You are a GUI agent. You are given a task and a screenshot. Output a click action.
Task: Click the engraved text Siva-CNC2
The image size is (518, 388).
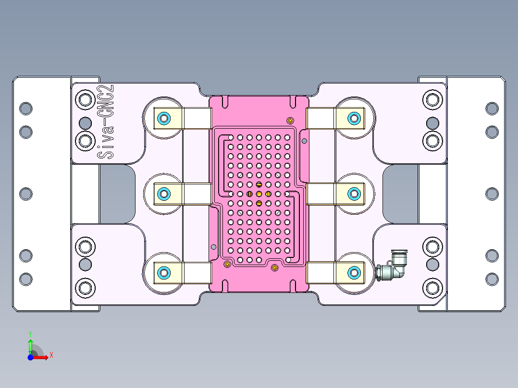click(105, 122)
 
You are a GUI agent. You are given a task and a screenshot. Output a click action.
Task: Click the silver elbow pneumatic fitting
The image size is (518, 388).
click(394, 268)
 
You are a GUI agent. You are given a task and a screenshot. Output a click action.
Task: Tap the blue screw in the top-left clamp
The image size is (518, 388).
click(164, 118)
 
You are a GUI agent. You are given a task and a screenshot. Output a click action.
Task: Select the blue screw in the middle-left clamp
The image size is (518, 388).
click(164, 194)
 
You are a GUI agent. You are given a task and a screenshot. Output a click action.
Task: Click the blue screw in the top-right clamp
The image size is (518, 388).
click(354, 118)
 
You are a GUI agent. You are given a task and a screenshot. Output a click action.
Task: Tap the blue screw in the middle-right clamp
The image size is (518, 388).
click(354, 194)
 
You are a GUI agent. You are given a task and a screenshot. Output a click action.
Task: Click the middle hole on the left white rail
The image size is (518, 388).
click(25, 194)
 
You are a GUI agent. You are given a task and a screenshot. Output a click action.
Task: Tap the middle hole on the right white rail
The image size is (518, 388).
click(492, 194)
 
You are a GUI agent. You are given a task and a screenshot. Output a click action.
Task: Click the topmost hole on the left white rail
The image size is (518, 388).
click(25, 108)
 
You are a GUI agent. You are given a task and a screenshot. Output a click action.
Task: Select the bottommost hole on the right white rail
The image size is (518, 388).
click(492, 279)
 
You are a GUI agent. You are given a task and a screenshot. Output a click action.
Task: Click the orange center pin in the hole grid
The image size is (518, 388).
click(259, 194)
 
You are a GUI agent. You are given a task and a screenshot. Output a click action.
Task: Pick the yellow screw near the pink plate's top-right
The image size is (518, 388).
click(290, 120)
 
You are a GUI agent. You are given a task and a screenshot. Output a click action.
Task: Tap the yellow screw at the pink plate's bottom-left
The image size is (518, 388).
click(227, 264)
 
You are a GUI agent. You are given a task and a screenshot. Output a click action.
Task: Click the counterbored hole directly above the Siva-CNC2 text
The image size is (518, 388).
click(86, 100)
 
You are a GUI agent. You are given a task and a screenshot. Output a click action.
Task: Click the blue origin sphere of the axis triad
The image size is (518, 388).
click(30, 357)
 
